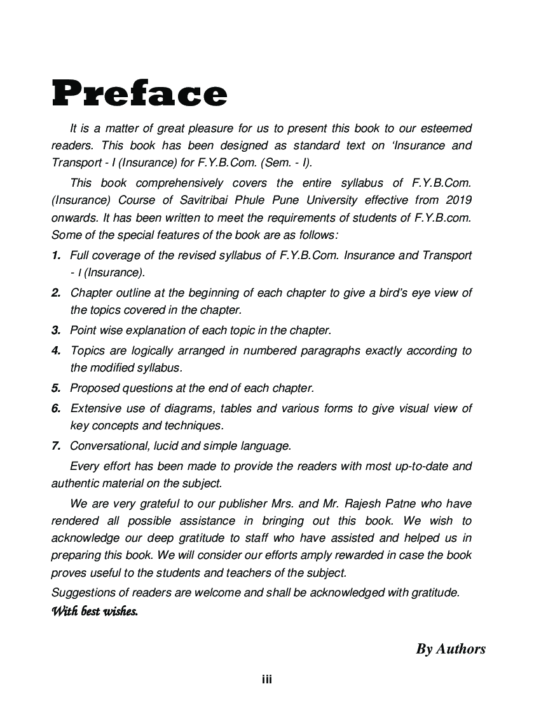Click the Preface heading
point(139,94)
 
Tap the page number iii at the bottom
point(267,680)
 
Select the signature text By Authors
point(451,648)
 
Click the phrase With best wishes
point(95,612)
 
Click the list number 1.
point(56,255)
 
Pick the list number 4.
point(56,351)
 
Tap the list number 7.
point(56,446)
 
